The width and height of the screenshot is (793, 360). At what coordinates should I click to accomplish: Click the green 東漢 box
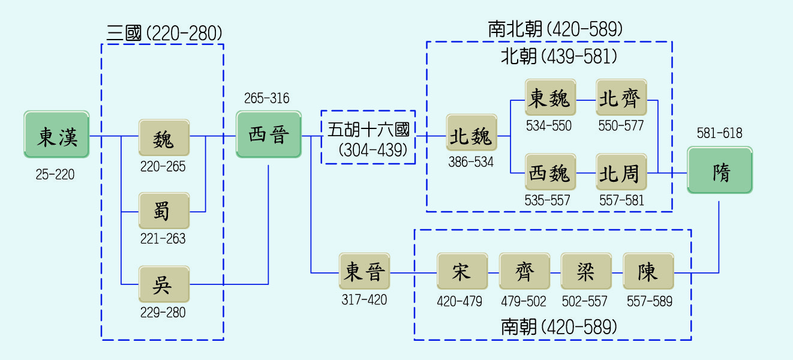(x=57, y=134)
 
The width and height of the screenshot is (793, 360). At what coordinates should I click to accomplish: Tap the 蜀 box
(x=164, y=211)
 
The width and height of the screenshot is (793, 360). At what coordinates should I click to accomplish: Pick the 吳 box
(x=164, y=284)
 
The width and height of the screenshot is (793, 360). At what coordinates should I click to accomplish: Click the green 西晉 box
(x=268, y=134)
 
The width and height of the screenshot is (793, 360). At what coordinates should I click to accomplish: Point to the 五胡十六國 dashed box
(x=368, y=137)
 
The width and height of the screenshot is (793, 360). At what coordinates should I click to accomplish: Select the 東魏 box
(x=550, y=97)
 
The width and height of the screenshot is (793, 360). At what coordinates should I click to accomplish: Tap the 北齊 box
(x=621, y=97)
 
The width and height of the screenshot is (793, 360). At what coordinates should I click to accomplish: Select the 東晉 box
(x=364, y=272)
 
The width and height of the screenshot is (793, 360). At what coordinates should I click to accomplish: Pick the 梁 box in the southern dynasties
(x=585, y=272)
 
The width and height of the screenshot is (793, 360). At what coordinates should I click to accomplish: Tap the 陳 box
(x=648, y=272)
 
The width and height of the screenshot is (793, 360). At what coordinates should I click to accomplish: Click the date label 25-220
(x=55, y=175)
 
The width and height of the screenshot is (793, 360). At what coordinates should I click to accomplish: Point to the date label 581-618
(x=719, y=133)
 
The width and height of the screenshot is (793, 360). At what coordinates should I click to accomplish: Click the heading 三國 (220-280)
(x=164, y=33)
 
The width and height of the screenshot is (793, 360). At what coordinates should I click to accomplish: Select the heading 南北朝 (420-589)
(x=555, y=29)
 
